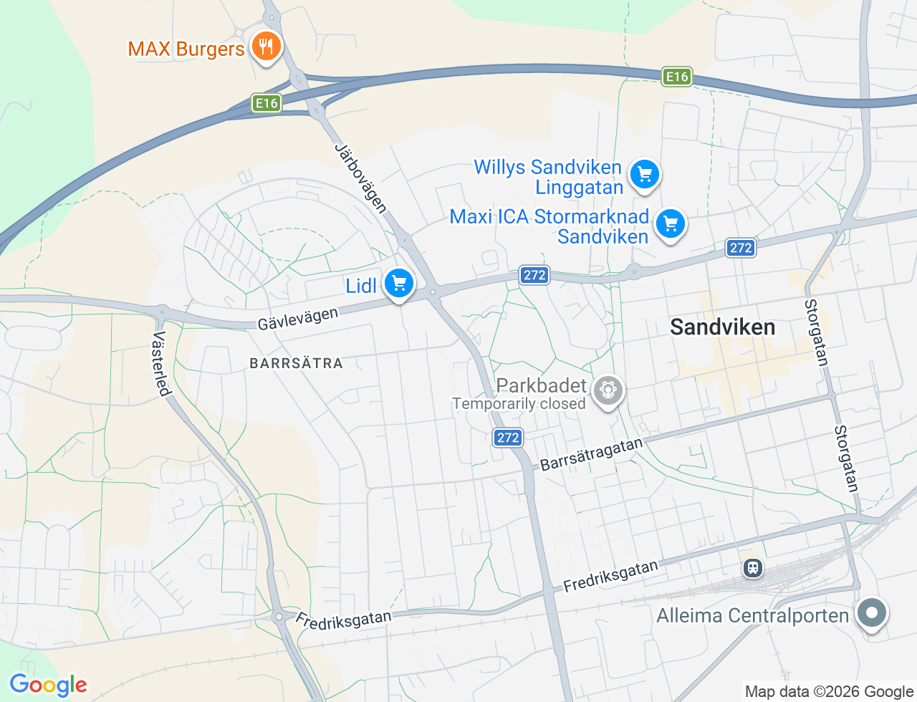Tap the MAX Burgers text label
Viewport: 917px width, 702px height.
click(186, 49)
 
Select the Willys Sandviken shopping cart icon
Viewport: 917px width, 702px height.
click(644, 174)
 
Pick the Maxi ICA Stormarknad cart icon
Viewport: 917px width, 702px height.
click(671, 224)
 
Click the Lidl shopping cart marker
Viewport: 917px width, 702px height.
click(399, 283)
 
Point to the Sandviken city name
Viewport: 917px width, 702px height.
click(722, 327)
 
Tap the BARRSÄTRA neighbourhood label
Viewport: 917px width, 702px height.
click(296, 363)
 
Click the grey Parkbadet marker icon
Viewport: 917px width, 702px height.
click(608, 390)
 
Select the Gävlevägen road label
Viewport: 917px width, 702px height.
click(297, 319)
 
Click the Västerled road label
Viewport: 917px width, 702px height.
click(162, 363)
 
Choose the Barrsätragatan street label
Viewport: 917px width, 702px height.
click(591, 454)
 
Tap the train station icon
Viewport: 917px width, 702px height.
click(752, 568)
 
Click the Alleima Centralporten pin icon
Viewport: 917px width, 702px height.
click(872, 613)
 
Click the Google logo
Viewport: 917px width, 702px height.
click(48, 685)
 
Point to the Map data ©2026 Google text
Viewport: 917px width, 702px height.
click(829, 691)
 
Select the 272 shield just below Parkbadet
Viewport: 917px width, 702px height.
click(507, 437)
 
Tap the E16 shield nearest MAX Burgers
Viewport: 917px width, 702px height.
click(267, 103)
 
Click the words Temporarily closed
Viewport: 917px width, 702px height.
click(519, 404)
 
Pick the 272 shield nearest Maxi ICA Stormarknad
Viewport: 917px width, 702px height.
click(740, 248)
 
